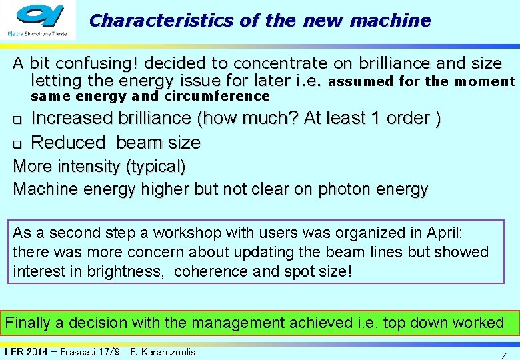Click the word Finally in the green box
coord(28,323)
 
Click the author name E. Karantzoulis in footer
coord(163,352)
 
